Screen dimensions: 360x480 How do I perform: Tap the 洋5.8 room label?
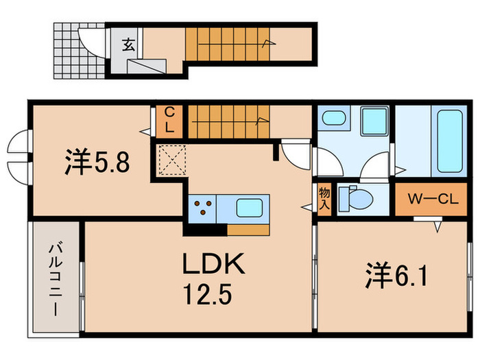(x=97, y=163)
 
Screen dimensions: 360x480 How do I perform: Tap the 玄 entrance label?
(x=128, y=46)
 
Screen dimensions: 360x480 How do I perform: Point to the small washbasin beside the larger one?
(x=334, y=118)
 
